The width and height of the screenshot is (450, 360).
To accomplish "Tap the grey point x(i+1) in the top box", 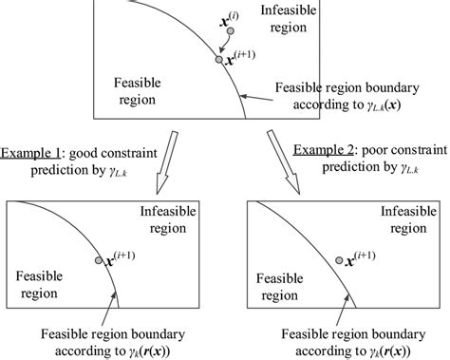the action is coord(220,60).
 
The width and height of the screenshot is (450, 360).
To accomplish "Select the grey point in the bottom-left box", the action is coord(99,260).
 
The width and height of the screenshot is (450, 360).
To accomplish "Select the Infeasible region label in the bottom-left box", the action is coord(170,218).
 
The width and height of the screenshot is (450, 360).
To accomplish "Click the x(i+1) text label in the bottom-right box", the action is coord(365,256).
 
